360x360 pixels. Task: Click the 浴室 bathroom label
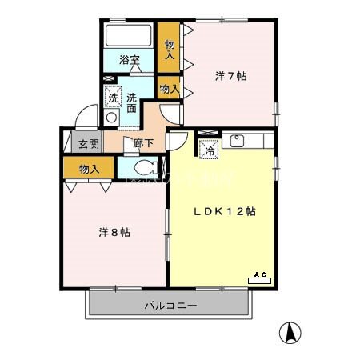pos(130,59)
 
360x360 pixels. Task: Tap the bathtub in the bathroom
pos(129,37)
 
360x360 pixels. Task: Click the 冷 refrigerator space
pos(208,147)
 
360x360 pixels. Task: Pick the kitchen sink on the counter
pos(237,142)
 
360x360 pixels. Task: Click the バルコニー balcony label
pos(170,305)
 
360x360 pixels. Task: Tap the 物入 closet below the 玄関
pos(90,169)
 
